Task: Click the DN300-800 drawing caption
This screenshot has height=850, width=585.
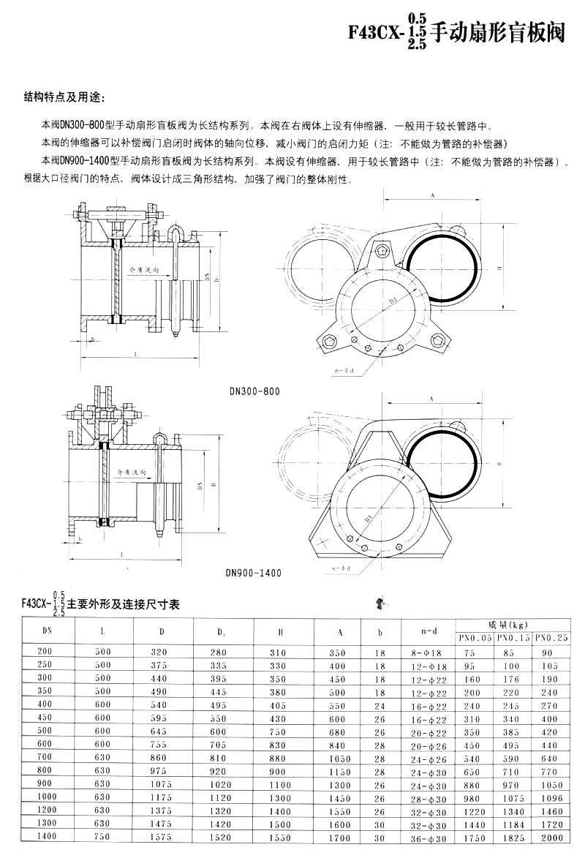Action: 254,391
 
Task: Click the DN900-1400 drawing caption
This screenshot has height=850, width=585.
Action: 254,573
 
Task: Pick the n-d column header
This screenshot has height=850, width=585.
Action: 429,630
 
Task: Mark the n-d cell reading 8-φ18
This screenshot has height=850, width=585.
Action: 429,652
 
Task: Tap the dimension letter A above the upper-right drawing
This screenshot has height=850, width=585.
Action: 433,196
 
